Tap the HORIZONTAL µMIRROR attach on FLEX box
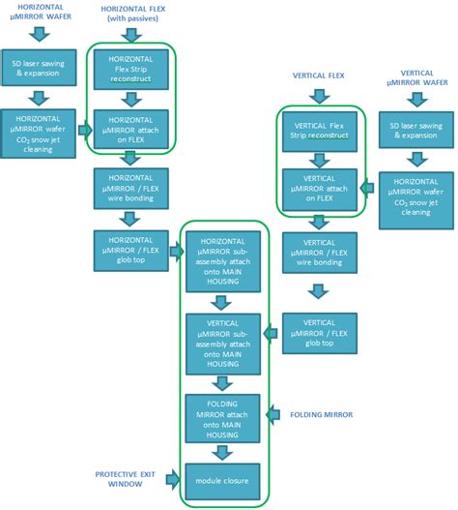(129, 126)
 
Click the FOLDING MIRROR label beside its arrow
(322, 414)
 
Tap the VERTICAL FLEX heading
(319, 74)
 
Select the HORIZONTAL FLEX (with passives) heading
(129, 13)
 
